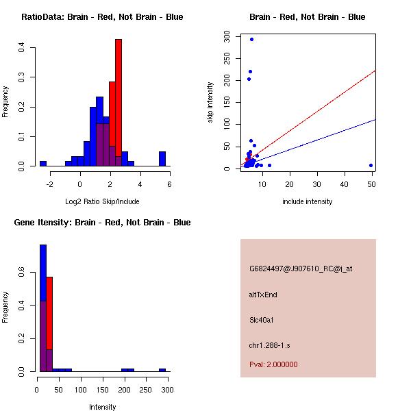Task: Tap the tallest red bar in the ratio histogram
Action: click(119, 103)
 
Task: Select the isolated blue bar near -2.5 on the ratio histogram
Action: click(42, 164)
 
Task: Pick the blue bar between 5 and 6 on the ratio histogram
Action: click(162, 159)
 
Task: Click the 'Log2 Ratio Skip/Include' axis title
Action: click(102, 201)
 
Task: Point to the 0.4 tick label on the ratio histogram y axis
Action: click(23, 47)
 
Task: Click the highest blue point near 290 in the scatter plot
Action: click(251, 39)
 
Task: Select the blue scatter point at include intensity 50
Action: click(371, 165)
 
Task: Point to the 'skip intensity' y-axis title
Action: click(210, 102)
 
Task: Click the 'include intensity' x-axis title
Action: click(307, 201)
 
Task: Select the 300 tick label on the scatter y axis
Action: click(226, 36)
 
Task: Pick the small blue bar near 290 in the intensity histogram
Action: click(162, 370)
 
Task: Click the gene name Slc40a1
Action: click(262, 320)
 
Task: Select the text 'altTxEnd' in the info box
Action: click(263, 295)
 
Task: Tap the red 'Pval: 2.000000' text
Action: click(273, 364)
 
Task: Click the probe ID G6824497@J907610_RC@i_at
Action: click(301, 269)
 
